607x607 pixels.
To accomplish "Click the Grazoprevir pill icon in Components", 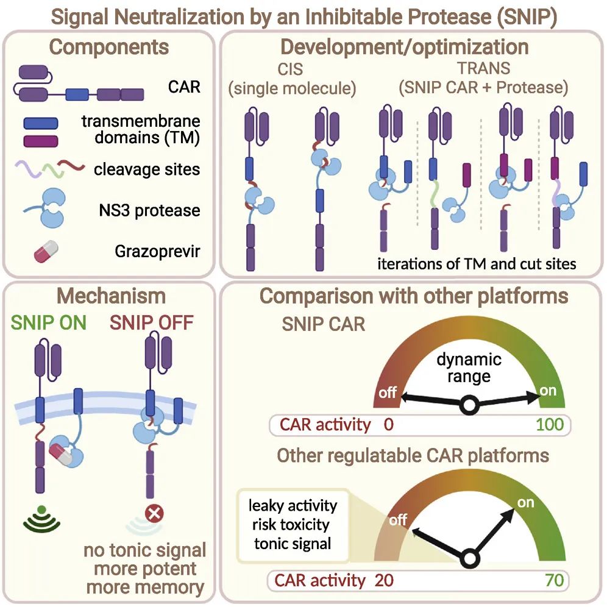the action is pos(46,251).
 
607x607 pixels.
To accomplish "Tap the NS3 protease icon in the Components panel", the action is pos(48,208).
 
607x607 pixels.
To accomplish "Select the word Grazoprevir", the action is pos(157,252).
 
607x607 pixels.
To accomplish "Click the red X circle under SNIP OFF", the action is pos(154,514).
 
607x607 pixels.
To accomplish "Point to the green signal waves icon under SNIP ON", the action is pos(42,518).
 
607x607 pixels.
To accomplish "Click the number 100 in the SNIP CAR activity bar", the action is pos(550,425).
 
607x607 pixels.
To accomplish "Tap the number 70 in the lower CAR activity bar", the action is pos(555,580).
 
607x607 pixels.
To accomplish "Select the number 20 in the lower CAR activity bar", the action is pos(384,580).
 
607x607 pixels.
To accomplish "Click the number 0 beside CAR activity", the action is pos(389,425).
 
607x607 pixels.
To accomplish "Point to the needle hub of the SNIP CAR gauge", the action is pos(469,405).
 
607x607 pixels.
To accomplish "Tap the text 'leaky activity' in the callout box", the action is pos(293,506).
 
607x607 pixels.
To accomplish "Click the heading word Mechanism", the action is pos(112,296).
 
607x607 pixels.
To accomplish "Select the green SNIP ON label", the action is pos(48,322).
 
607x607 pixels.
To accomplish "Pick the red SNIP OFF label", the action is pos(151,322).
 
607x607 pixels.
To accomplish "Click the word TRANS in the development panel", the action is pos(483,68).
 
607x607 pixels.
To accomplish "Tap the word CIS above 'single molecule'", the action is pos(290,69).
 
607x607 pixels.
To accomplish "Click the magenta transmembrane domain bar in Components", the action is pos(41,141).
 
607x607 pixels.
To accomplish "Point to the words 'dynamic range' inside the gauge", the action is pos(469,367).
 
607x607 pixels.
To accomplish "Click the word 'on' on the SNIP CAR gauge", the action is pos(548,391).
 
